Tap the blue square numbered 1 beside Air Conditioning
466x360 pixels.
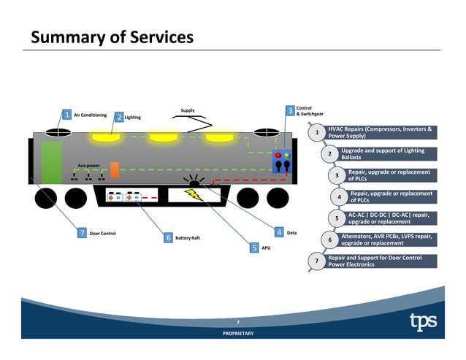[x=66, y=115]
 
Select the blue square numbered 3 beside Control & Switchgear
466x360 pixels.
[x=290, y=110]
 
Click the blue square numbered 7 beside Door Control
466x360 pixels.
[x=82, y=232]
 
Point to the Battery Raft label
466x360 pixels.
[x=188, y=238]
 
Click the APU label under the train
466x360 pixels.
[x=267, y=248]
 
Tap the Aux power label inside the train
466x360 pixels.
[x=89, y=166]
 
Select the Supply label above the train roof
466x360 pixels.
[x=188, y=110]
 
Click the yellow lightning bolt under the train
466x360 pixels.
[x=194, y=195]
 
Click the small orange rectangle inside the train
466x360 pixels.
[x=115, y=169]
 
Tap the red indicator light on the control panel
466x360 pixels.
[x=278, y=156]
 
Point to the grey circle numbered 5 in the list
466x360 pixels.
[x=336, y=218]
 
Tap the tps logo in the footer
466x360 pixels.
[x=423, y=321]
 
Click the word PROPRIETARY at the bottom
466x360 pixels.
[x=238, y=333]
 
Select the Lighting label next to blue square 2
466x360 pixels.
[x=132, y=117]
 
